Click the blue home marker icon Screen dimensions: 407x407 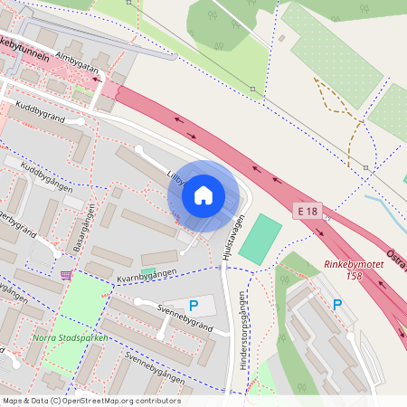point(203,195)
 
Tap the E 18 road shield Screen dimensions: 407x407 point(308,211)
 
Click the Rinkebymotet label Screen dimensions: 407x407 point(355,265)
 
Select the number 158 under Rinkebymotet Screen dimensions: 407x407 point(366,275)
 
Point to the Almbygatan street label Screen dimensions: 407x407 point(77,60)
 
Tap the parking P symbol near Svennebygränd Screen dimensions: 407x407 point(193,306)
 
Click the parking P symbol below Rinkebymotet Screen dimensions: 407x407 point(337,305)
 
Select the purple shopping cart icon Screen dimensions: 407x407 point(66,274)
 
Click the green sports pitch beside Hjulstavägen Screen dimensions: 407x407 point(260,238)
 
